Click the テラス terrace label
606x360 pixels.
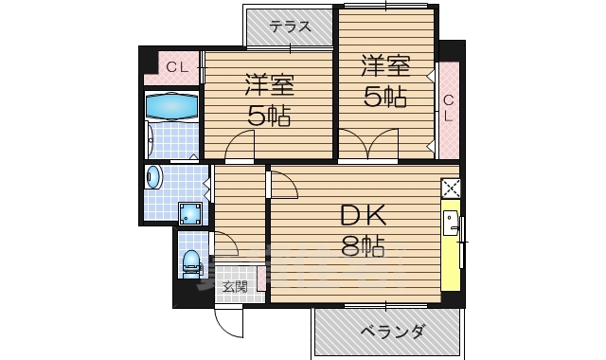(290, 27)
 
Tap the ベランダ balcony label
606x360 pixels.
(391, 332)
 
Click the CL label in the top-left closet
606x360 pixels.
(176, 66)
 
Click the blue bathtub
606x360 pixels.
(171, 107)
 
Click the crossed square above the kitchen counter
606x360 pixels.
(451, 189)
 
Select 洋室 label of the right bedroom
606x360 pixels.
(384, 65)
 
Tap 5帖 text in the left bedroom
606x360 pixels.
(269, 117)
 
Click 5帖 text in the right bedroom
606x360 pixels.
(384, 96)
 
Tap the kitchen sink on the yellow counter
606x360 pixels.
(453, 224)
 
